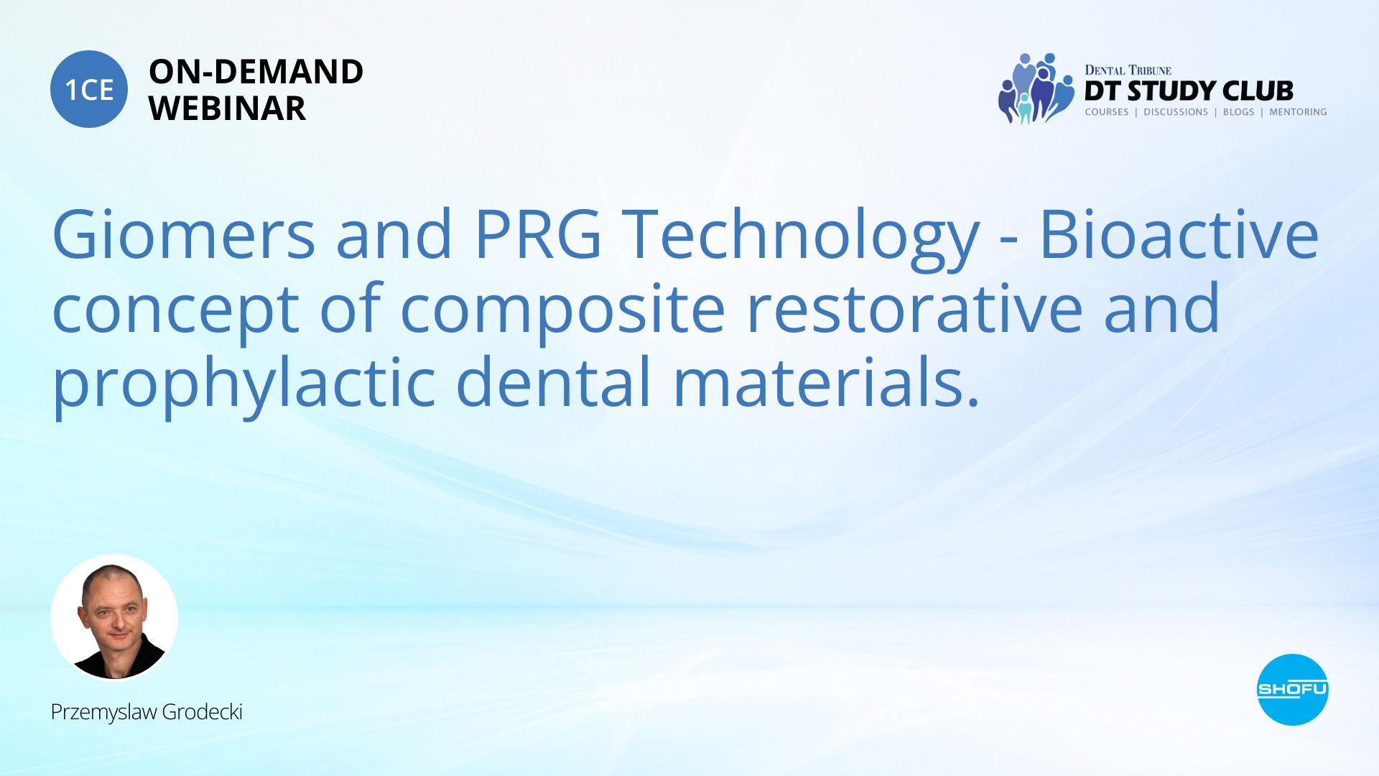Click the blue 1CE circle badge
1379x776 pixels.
tap(89, 89)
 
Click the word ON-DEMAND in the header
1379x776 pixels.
tap(256, 72)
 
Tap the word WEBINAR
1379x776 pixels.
tap(227, 108)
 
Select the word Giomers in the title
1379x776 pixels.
tap(184, 234)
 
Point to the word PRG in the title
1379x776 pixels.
tap(538, 234)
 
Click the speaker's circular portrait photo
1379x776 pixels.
tap(114, 617)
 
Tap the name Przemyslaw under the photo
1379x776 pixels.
tap(103, 713)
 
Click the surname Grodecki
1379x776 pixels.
tap(202, 711)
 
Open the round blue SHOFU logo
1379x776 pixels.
tap(1292, 690)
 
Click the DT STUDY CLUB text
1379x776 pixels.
tap(1189, 91)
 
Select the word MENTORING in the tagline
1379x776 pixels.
tap(1298, 112)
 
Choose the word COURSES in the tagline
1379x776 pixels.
tap(1107, 112)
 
